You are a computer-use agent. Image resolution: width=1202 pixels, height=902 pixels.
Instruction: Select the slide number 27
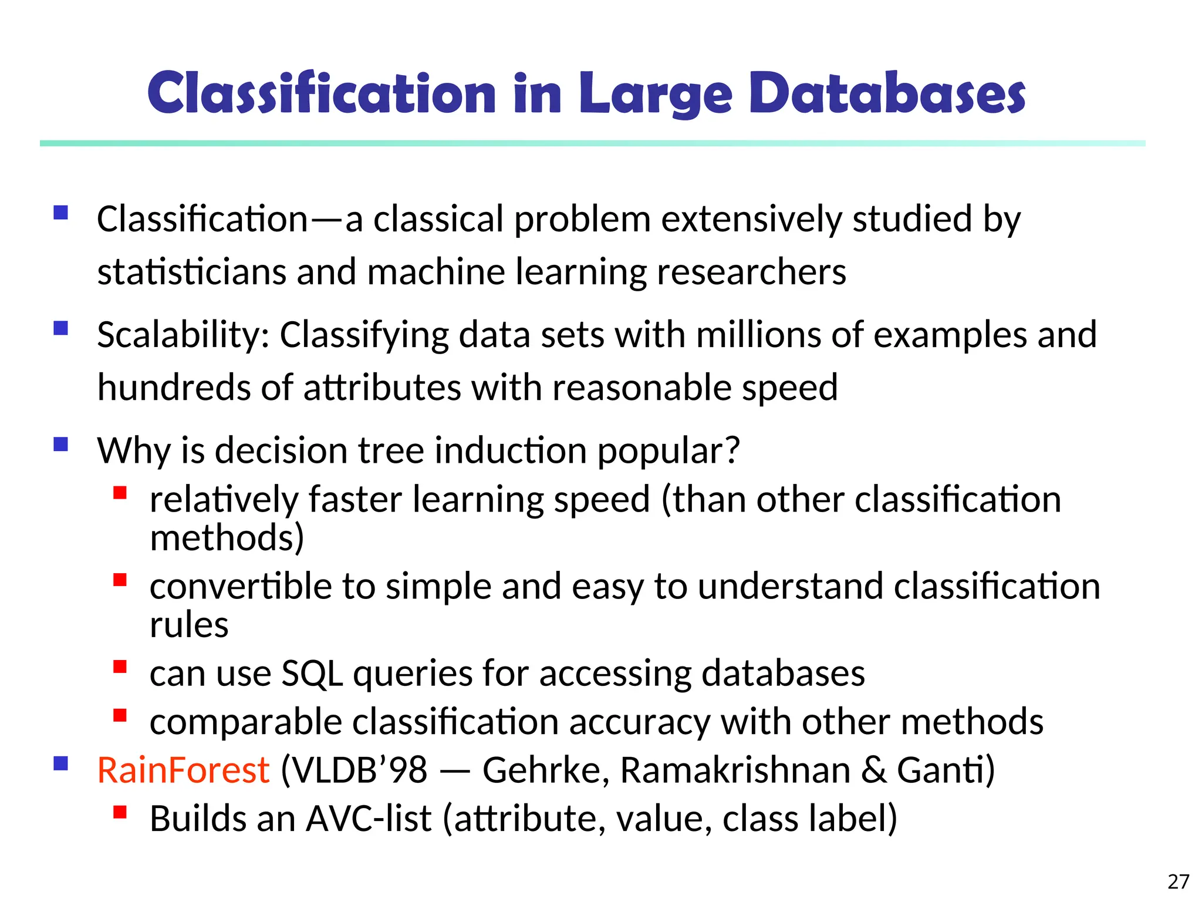(1178, 881)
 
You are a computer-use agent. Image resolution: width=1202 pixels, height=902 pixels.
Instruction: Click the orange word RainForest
(183, 770)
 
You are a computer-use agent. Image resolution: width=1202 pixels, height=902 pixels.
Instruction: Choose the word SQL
(312, 673)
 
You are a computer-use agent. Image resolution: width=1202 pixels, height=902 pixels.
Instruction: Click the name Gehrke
(545, 770)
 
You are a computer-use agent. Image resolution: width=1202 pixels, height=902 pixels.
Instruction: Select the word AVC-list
(369, 819)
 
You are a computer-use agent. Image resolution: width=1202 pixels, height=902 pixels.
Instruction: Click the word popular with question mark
(668, 452)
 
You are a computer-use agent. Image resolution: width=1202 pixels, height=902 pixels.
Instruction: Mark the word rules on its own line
(189, 625)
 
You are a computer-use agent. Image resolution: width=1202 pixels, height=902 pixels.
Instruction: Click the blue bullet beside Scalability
(60, 328)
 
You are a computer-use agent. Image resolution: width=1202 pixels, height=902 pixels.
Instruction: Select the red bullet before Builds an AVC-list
(120, 812)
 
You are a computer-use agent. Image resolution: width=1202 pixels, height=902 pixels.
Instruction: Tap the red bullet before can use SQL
(120, 667)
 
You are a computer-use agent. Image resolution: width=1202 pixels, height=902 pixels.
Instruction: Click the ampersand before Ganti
(873, 770)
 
